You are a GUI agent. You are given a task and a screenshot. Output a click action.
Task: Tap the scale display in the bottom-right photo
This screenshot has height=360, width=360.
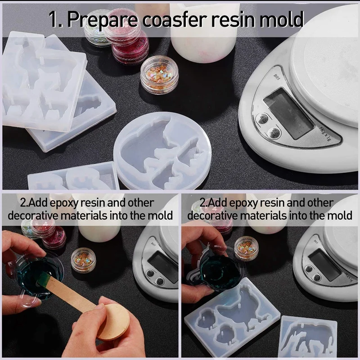325,261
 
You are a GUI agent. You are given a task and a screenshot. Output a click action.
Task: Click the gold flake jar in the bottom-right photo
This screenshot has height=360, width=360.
247,247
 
